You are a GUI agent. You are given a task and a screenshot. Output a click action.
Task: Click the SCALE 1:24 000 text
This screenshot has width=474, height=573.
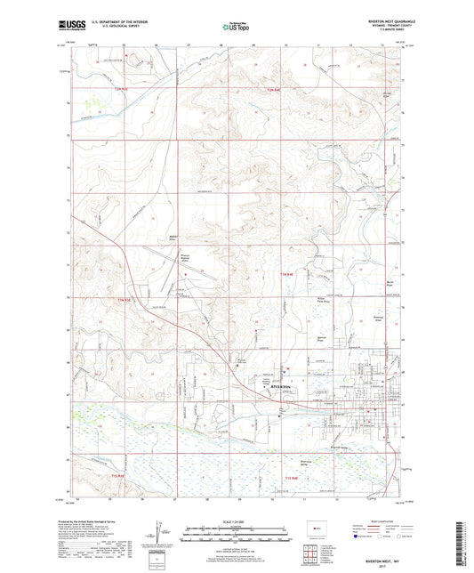coord(237,521)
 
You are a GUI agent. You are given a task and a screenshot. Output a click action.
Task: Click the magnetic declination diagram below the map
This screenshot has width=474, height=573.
coord(159,535)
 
